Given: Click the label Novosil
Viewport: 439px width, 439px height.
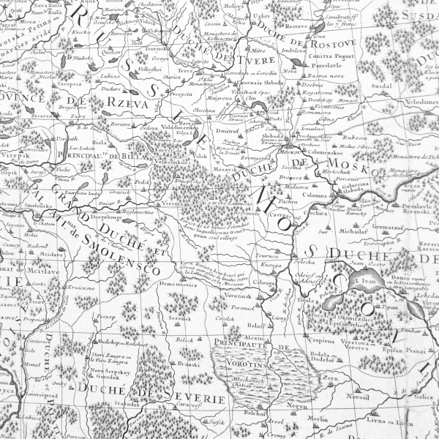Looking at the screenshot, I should pos(356,396).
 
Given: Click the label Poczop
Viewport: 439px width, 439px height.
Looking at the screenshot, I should pos(107,318).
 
